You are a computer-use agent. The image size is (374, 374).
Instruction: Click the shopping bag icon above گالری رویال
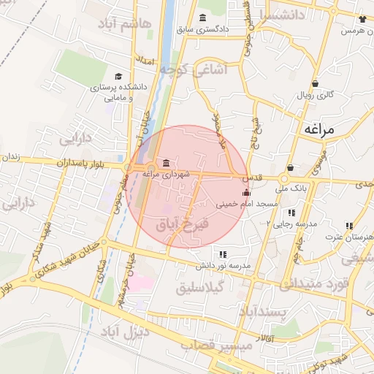pyautogui.click(x=315, y=83)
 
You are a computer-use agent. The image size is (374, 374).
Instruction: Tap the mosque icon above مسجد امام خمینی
pyautogui.click(x=245, y=193)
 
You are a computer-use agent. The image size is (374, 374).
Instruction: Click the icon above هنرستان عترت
pyautogui.click(x=349, y=226)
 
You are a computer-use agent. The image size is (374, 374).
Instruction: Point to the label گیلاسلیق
pyautogui.click(x=204, y=287)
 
